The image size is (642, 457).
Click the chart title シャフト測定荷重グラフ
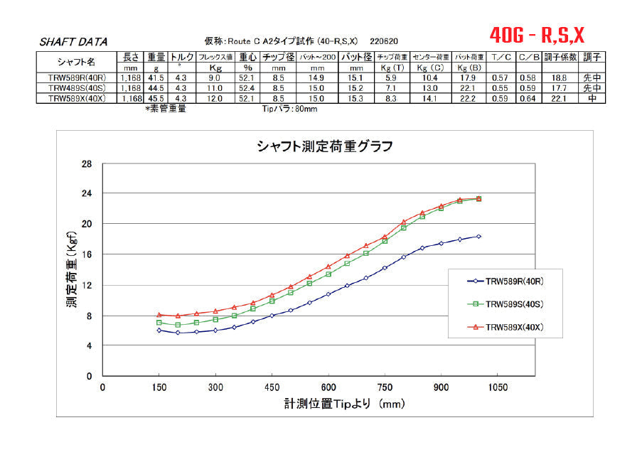coord(324,146)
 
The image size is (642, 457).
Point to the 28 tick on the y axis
coord(87,163)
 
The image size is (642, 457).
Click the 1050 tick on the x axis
coord(497,388)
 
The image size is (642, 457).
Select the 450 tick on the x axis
coord(272,388)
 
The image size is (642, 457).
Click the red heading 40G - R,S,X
coord(537,34)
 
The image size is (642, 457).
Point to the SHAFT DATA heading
coord(75,42)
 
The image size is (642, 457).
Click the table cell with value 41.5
coord(156,78)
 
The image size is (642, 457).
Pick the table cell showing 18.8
coord(559,78)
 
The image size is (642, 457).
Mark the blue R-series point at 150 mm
coord(159,330)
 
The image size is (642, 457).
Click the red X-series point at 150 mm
coord(159,314)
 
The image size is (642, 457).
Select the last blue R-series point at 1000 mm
coord(478,237)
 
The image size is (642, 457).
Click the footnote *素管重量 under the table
coord(166,109)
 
